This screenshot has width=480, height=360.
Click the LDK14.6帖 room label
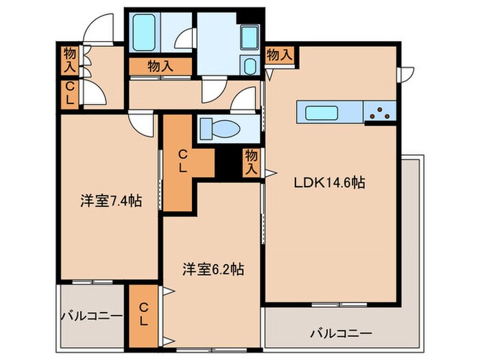[x=329, y=183]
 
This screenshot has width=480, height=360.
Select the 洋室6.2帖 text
[x=213, y=269]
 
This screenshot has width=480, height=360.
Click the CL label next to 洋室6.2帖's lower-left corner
[x=143, y=314]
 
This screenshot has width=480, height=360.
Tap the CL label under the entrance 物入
[x=70, y=92]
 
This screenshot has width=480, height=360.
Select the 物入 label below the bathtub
[x=160, y=66]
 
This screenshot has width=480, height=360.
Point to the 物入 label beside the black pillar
[x=252, y=161]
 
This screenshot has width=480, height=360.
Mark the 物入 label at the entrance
[x=70, y=60]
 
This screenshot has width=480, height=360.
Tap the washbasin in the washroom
[x=250, y=67]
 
